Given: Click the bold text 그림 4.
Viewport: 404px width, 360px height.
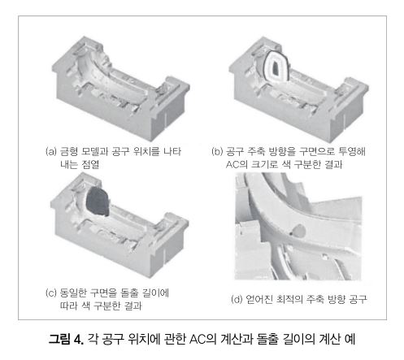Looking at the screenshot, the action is coord(66,339).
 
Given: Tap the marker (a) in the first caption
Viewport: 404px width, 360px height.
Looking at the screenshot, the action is coord(50,151).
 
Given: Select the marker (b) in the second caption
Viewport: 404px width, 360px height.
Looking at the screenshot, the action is coord(217,151).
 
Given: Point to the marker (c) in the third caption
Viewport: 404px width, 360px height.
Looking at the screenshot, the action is coord(50,293).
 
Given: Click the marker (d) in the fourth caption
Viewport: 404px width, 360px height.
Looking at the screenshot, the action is coord(237,299).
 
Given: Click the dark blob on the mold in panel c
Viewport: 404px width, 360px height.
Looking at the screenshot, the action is coord(98,202).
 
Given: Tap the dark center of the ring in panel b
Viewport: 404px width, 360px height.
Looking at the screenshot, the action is coord(276,68).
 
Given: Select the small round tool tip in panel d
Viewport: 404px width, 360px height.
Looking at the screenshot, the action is coord(299,231).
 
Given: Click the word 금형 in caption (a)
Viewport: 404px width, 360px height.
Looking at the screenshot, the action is coord(69,151).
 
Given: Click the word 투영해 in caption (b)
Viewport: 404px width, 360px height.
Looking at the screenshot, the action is coord(352,151).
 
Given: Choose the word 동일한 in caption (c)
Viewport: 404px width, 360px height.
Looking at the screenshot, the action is coord(73,293).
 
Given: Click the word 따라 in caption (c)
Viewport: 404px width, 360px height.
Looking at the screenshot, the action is coord(69,306).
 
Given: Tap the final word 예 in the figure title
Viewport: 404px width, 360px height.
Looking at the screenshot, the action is coord(350,339).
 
